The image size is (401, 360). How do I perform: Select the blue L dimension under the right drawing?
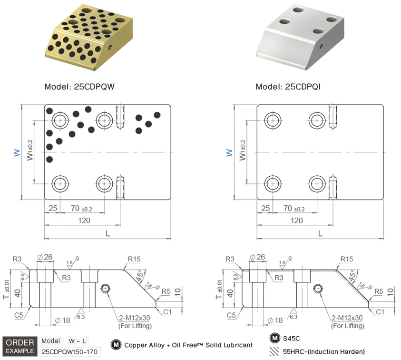pos(320,234)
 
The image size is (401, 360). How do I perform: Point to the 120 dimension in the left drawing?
pos(84,220)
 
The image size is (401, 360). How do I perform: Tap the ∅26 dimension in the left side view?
pos(45,258)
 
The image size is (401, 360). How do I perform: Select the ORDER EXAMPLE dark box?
pos(19,347)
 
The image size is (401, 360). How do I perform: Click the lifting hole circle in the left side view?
pos(105,289)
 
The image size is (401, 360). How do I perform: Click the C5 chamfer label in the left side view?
pos(19,315)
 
